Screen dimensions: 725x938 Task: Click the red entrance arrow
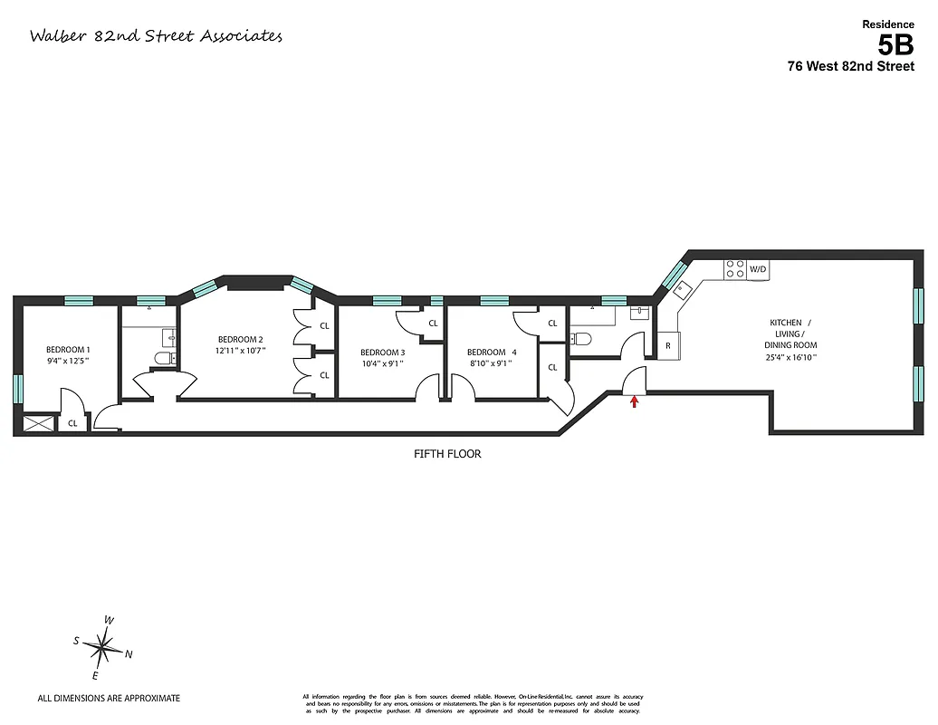(x=634, y=401)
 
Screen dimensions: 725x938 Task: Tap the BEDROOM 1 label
(x=68, y=350)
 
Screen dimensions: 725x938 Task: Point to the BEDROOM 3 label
(x=382, y=353)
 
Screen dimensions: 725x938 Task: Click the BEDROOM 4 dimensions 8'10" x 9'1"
(x=490, y=363)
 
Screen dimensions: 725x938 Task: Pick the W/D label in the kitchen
(x=758, y=269)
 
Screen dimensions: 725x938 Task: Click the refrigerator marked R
(x=668, y=345)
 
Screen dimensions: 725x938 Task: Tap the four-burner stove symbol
(x=734, y=269)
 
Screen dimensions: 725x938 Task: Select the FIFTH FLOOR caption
(x=443, y=454)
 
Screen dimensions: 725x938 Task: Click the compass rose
(x=105, y=647)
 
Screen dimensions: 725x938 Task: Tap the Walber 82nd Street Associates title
(x=156, y=36)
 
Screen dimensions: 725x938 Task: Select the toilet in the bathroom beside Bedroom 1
(x=164, y=359)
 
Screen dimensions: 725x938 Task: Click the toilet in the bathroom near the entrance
(x=582, y=340)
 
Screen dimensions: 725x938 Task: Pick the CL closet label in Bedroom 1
(x=72, y=423)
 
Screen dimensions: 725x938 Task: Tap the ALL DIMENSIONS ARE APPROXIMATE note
(x=109, y=699)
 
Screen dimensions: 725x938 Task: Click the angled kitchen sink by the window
(x=680, y=288)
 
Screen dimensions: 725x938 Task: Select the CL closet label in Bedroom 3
(x=433, y=324)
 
